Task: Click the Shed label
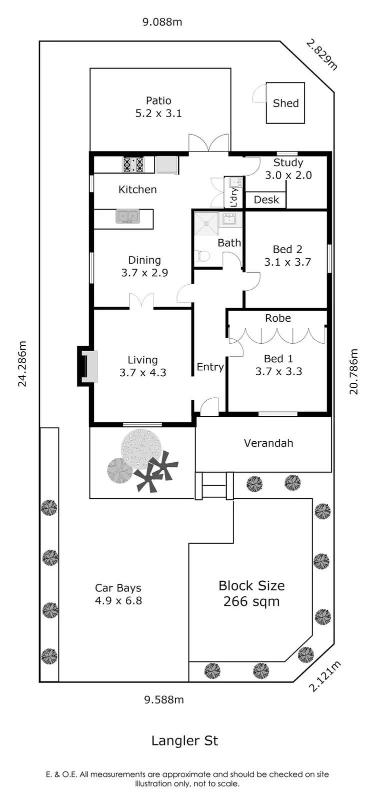tap(285, 104)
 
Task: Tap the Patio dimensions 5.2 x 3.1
tap(158, 114)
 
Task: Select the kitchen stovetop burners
tap(133, 165)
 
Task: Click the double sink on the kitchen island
tap(127, 217)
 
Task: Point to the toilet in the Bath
tap(202, 256)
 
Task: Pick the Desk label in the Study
tap(266, 200)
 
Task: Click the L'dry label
tap(234, 197)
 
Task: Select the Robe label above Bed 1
tap(278, 318)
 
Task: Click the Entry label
tap(210, 367)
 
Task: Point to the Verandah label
tap(268, 443)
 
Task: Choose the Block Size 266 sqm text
tap(251, 593)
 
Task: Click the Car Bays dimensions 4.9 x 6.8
tap(118, 600)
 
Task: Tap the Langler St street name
tap(184, 740)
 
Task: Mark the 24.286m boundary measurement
tap(22, 364)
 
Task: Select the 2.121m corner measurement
tap(324, 676)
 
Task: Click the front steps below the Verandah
tap(214, 485)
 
